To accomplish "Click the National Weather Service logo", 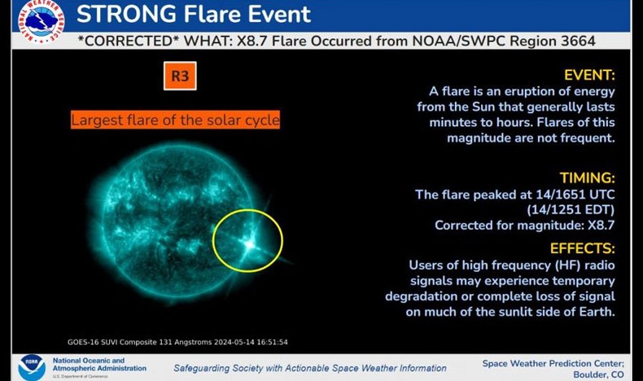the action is click(x=41, y=20).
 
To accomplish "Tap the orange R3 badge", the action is click(x=180, y=76).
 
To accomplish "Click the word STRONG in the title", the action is click(x=126, y=14).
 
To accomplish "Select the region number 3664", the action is click(x=578, y=41).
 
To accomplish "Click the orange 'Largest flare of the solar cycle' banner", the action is click(x=175, y=120).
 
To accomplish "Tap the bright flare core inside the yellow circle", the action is click(x=249, y=244).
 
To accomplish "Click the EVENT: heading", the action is click(x=589, y=75).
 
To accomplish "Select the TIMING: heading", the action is click(x=587, y=177).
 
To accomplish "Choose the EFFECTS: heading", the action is click(x=582, y=248).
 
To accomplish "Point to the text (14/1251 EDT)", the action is click(x=571, y=209).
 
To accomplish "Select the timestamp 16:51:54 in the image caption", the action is click(x=273, y=342).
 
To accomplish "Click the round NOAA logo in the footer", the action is click(x=32, y=367).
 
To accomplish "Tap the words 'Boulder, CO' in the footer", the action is click(x=598, y=374).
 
